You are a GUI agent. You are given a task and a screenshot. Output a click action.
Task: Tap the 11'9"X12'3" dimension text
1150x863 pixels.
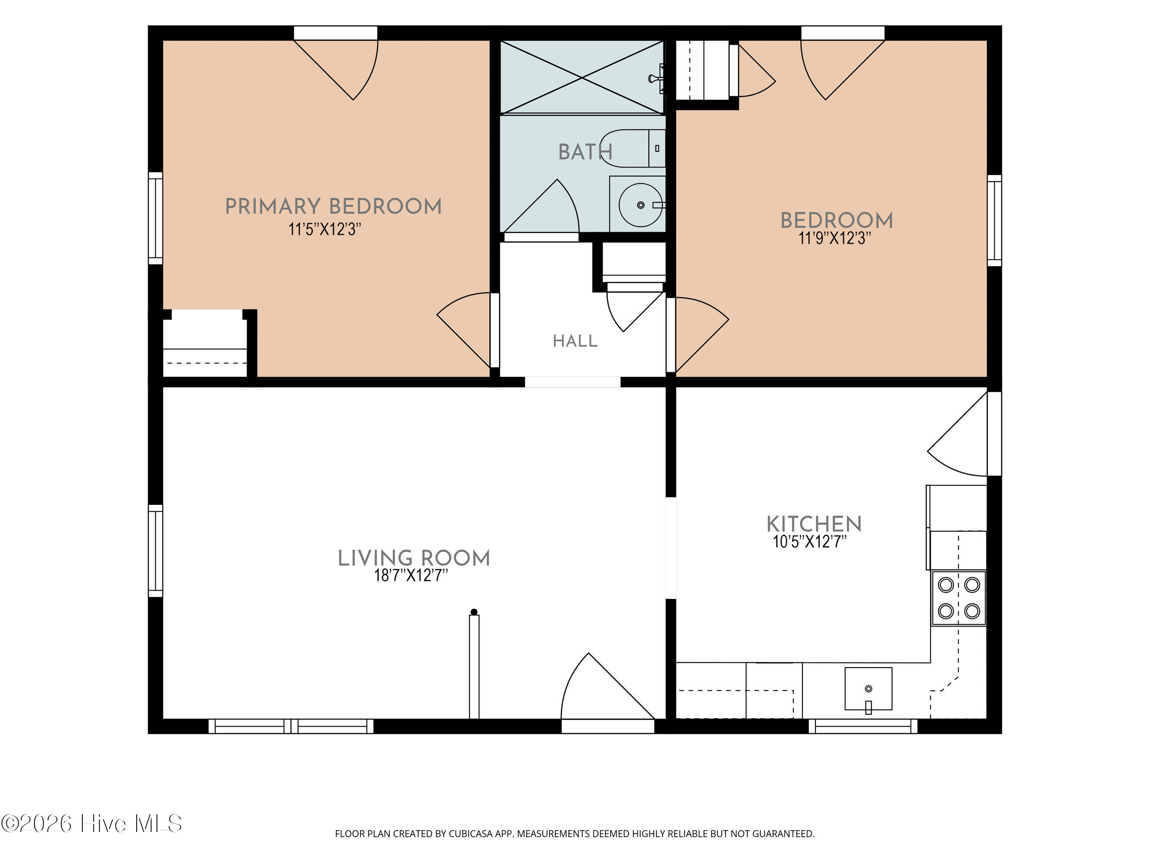[835, 238]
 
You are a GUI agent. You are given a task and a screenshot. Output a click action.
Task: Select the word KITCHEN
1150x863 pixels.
[814, 524]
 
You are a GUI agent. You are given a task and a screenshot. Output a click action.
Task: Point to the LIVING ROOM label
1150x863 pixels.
[414, 558]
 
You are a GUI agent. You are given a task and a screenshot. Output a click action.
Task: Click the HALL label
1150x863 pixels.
[575, 341]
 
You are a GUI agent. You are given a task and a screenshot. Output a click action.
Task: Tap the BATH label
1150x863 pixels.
[586, 152]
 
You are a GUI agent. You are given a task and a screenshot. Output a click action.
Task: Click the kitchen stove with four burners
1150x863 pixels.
[959, 598]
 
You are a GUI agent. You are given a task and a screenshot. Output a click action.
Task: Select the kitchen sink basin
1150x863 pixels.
[868, 689]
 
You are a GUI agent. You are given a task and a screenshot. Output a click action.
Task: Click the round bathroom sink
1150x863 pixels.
[640, 205]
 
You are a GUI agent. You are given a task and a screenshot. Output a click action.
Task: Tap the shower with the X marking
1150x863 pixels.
[582, 77]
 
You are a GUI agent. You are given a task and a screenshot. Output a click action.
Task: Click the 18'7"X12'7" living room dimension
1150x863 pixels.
[410, 575]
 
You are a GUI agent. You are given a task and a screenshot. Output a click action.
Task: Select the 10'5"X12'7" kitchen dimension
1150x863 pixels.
[809, 542]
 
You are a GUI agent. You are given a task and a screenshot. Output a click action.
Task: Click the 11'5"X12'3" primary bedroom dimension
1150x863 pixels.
[325, 230]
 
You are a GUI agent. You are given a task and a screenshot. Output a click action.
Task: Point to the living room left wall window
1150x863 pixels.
[156, 551]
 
